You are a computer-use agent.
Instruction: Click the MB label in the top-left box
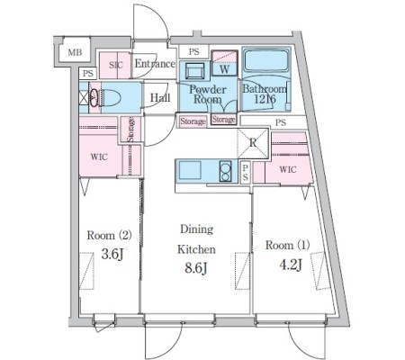pyautogui.click(x=75, y=52)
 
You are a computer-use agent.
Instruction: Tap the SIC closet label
pyautogui.click(x=116, y=65)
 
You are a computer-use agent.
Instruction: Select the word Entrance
pyautogui.click(x=155, y=64)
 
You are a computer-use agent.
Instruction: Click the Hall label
pyautogui.click(x=160, y=97)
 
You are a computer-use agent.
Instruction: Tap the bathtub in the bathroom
pyautogui.click(x=266, y=59)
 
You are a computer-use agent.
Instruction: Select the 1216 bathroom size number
pyautogui.click(x=265, y=99)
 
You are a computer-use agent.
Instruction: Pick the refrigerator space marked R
pyautogui.click(x=253, y=143)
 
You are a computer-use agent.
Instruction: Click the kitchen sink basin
pyautogui.click(x=190, y=170)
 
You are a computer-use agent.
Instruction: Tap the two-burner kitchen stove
pyautogui.click(x=225, y=171)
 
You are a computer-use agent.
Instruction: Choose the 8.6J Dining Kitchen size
pyautogui.click(x=196, y=268)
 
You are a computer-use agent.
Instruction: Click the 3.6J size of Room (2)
pyautogui.click(x=112, y=255)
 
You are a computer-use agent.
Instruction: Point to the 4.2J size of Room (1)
pyautogui.click(x=291, y=265)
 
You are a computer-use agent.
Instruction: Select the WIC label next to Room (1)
pyautogui.click(x=288, y=170)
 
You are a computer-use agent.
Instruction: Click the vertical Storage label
pyautogui.click(x=130, y=130)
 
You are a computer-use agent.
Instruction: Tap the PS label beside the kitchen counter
pyautogui.click(x=246, y=173)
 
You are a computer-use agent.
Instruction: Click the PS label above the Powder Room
pyautogui.click(x=193, y=51)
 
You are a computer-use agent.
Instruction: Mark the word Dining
pyautogui.click(x=197, y=229)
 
